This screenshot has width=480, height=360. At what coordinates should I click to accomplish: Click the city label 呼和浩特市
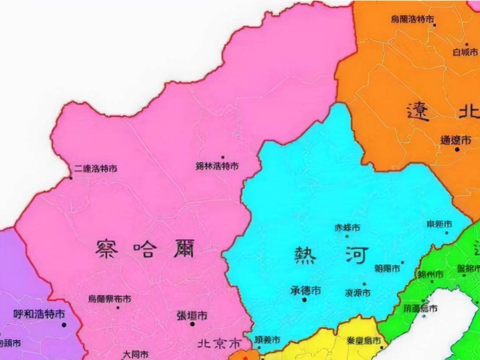click(x=39, y=314)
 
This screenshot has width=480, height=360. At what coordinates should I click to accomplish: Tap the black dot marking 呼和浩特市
click(x=64, y=324)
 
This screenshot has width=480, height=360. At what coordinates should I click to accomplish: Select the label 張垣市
click(x=192, y=315)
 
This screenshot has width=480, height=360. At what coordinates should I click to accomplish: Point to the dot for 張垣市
click(x=192, y=324)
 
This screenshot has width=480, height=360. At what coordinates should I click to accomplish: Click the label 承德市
click(x=306, y=290)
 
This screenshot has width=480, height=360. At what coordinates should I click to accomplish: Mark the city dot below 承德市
click(x=305, y=300)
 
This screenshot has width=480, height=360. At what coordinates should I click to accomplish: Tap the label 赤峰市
click(x=347, y=227)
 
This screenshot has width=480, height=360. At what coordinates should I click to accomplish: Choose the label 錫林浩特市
click(x=217, y=166)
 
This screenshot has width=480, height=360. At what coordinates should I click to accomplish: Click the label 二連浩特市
click(x=95, y=168)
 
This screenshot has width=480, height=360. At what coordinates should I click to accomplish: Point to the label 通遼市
click(x=456, y=140)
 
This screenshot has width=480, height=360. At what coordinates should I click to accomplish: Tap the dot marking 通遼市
click(x=457, y=149)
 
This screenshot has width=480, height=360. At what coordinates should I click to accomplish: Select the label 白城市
click(x=465, y=53)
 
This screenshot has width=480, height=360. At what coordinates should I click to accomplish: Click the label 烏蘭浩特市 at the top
click(x=412, y=19)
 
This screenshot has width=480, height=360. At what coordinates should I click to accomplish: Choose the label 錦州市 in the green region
click(x=430, y=274)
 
